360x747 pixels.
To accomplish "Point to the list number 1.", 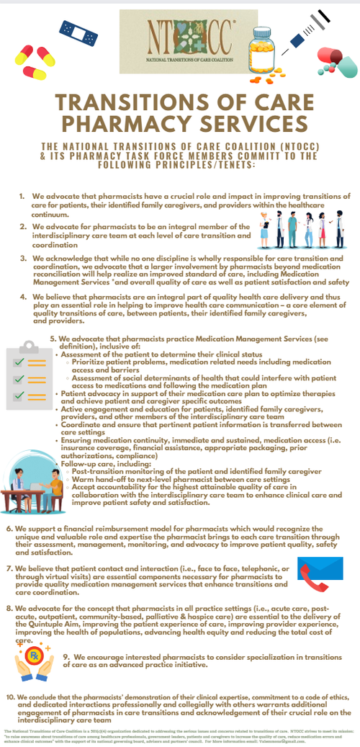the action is click(22, 196).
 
